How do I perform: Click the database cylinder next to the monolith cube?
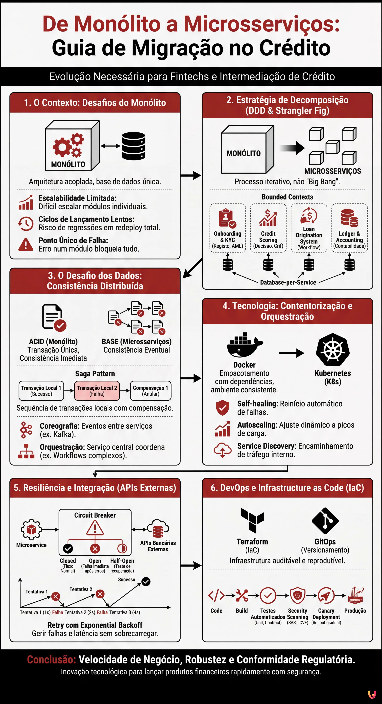click(133, 146)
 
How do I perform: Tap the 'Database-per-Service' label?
click(288, 282)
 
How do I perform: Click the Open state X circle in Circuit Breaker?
click(95, 548)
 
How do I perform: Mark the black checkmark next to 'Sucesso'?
click(146, 581)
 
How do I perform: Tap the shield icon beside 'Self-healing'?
click(223, 407)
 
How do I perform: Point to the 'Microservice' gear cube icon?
click(31, 529)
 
